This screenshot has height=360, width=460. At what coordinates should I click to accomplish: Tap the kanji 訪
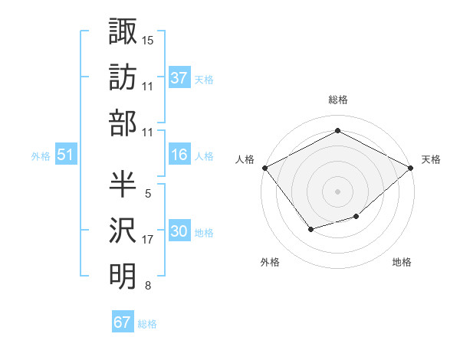[x=123, y=77]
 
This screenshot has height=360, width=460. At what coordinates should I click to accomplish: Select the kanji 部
[x=123, y=123]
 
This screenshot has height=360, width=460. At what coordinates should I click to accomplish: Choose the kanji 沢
[x=123, y=229]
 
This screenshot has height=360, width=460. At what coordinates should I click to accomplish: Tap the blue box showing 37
[x=179, y=77]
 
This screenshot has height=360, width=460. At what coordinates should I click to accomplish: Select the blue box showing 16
[x=179, y=155]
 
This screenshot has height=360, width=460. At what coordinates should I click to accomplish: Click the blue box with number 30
[x=179, y=232]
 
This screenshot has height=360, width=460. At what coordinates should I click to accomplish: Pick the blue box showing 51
[x=66, y=155]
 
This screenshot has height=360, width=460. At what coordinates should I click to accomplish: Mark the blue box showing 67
[x=123, y=322]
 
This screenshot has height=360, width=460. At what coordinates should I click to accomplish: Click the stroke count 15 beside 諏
[x=148, y=39]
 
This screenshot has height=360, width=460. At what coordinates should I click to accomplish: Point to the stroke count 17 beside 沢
[x=148, y=240]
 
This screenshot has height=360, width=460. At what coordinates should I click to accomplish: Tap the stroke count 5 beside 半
[x=148, y=194]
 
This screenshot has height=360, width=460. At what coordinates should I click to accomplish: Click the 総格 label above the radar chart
[x=337, y=100]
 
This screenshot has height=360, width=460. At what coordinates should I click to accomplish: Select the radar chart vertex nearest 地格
[x=356, y=217]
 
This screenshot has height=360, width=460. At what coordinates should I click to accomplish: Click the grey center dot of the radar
[x=337, y=191]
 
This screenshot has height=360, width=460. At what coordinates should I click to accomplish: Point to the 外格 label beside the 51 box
[x=41, y=155]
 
